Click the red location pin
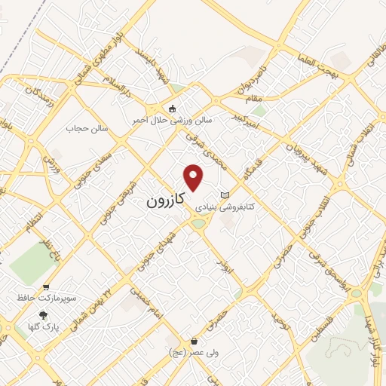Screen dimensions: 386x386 [x=195, y=177]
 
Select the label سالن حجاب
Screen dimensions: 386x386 [x=88, y=129]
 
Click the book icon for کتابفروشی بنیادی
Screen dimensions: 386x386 [x=223, y=195]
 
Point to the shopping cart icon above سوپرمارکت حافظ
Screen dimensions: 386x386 [x=47, y=287]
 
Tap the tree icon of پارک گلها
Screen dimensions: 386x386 [x=44, y=315]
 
